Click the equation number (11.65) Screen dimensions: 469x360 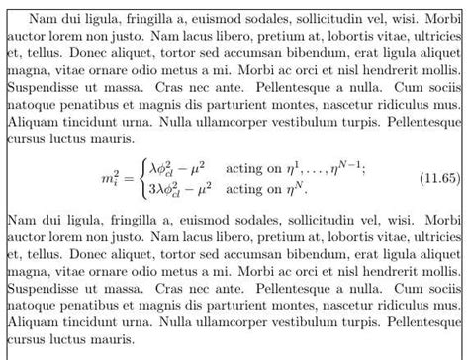coord(438,178)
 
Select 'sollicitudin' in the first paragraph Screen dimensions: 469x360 coord(330,18)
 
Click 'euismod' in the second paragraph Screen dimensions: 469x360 coord(212,216)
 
